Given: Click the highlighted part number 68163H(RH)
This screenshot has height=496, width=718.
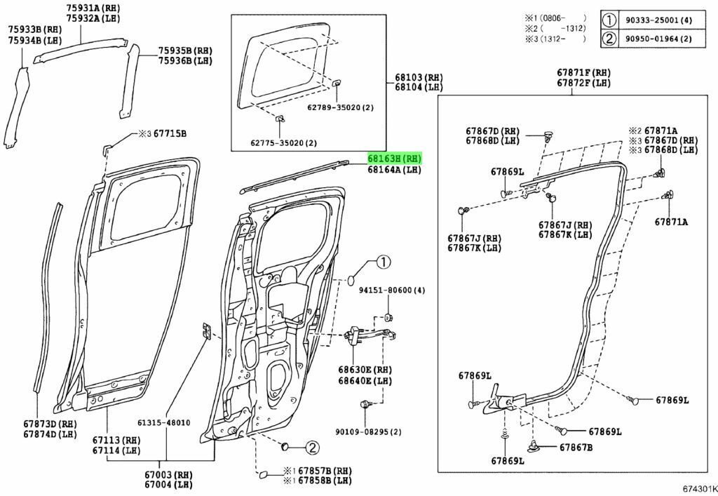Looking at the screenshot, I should click(x=395, y=159).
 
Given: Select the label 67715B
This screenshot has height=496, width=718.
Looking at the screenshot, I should click(x=170, y=133).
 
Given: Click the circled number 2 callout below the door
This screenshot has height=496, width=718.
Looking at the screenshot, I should click(x=311, y=447).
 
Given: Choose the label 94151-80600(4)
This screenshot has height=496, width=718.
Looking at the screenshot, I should click(x=393, y=290).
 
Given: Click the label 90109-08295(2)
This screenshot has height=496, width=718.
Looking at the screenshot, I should click(x=377, y=432).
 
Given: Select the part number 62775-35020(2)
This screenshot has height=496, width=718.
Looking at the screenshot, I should click(x=283, y=143).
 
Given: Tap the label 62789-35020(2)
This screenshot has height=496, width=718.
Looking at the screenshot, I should click(x=340, y=107).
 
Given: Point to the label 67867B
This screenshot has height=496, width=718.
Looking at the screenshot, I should click(x=576, y=447).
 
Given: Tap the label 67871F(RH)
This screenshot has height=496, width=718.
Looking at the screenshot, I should click(x=584, y=73).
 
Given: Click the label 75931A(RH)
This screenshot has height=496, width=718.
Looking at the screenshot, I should click(x=94, y=8).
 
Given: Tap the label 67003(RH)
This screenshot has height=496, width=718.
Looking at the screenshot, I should click(x=168, y=475).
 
